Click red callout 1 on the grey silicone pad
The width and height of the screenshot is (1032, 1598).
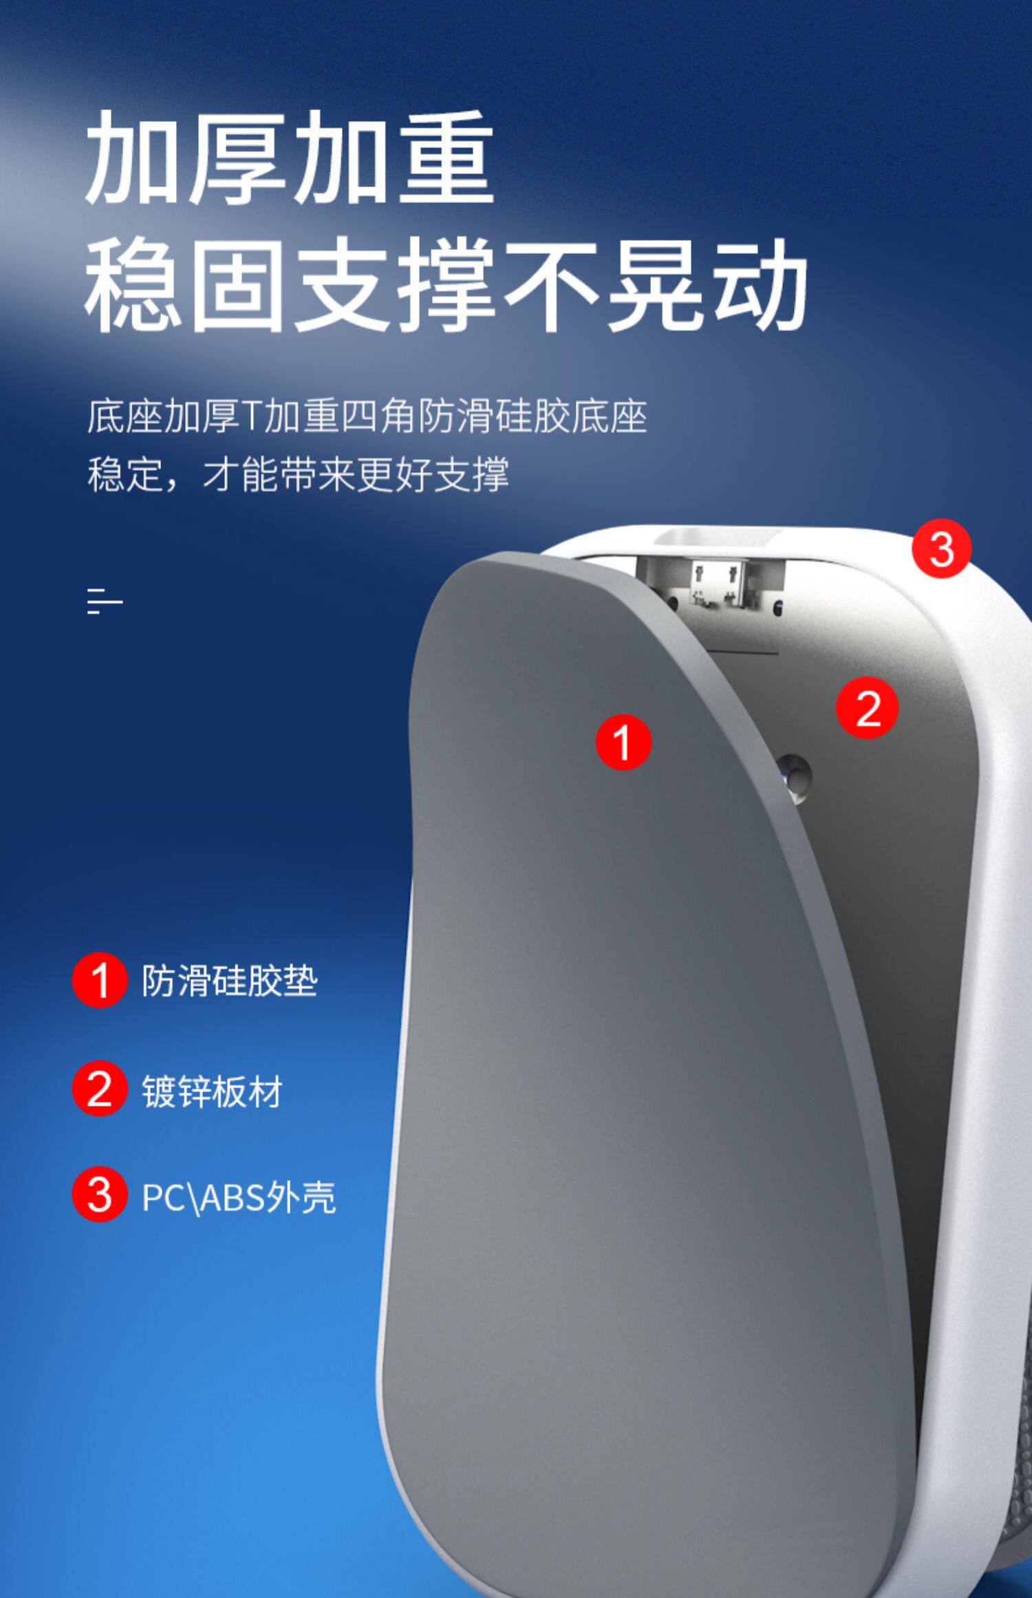pos(623,742)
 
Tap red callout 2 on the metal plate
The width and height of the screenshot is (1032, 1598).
pos(868,708)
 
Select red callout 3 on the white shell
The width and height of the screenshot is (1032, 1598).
pos(942,548)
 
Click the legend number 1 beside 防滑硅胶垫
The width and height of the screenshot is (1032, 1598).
pos(100,980)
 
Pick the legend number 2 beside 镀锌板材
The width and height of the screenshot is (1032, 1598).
pos(100,1088)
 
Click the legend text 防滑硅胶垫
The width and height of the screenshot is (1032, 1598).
pos(229,981)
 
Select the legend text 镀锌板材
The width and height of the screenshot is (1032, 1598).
pos(212,1091)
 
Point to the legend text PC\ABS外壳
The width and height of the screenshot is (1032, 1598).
pos(238,1197)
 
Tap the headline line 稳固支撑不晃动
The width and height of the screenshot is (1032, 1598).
pos(446,284)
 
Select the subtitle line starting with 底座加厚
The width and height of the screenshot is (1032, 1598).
pos(367,416)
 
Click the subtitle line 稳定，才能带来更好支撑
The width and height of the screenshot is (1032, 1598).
pos(298,474)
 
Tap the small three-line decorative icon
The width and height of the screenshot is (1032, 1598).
pos(105,601)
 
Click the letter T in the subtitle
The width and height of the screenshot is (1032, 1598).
pos(250,416)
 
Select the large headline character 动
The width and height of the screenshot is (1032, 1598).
pos(760,284)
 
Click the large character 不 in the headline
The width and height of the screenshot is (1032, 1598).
pos(551,284)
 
